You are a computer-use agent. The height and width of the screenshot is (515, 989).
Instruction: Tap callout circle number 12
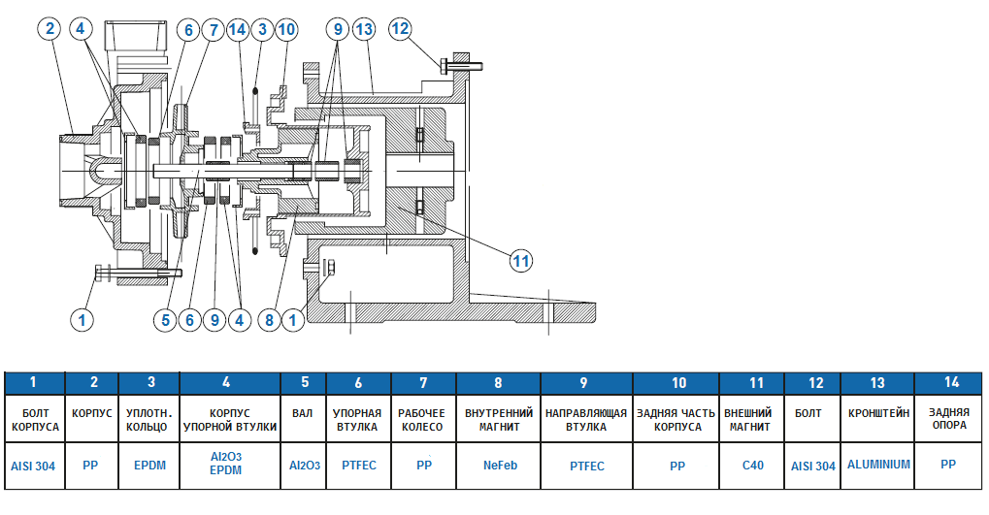pos(400,29)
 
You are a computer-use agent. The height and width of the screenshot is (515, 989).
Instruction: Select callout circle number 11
pos(521,260)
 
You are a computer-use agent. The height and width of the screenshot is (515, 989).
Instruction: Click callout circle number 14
pos(239,29)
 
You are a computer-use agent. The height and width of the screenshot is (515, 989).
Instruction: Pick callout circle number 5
pos(166,317)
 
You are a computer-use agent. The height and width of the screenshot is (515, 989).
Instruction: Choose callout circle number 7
pos(213,29)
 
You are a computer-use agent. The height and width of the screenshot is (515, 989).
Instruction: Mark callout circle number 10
pos(285,29)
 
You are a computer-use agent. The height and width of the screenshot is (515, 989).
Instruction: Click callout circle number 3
pos(262,29)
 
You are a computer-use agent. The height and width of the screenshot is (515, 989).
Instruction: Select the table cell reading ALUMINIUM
pos(878,465)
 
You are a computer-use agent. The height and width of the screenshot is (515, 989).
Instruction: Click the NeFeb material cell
pos(500,466)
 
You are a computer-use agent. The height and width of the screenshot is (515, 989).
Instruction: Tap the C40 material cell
pos(752,466)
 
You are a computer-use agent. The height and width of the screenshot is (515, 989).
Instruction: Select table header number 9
pos(587,382)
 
